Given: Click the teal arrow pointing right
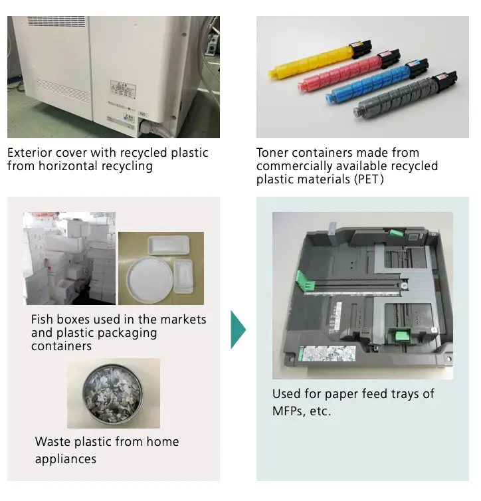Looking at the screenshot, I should click(238, 329).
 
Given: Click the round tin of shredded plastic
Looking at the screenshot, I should click(113, 394).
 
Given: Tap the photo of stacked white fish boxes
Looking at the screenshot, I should click(69, 258).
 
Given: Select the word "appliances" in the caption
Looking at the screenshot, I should click(66, 459).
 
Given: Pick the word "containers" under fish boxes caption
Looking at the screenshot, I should click(61, 346).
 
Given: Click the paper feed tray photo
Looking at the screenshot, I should click(362, 296).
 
